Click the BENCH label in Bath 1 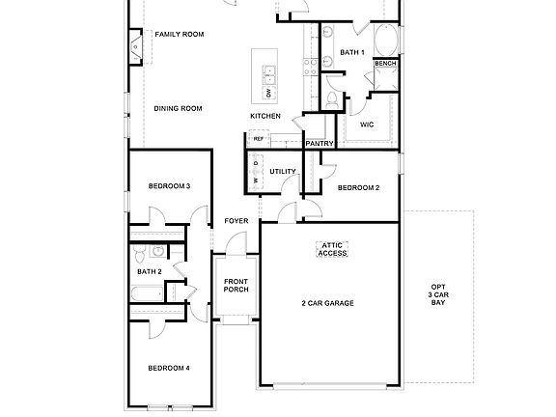pos(385,64)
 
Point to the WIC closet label pos(367,125)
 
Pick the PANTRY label pos(320,144)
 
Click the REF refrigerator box pos(258,139)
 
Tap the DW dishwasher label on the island pos(269,93)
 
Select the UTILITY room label pos(283,172)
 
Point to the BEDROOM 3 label pos(169,185)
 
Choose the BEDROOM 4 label pos(168,368)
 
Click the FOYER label pos(236,221)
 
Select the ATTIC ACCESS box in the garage pos(332,249)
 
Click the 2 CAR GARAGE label pos(328,303)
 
